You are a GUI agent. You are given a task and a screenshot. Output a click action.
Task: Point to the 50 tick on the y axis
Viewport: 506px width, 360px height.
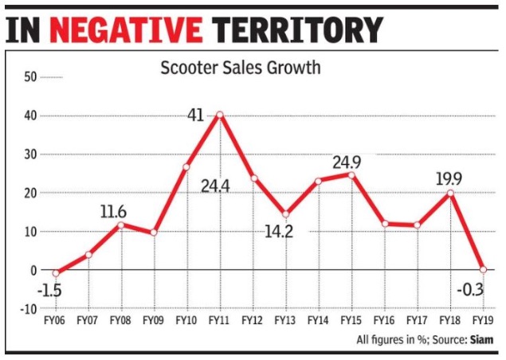coord(30,77)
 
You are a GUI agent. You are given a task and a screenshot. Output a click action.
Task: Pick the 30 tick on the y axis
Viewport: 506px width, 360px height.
coord(30,155)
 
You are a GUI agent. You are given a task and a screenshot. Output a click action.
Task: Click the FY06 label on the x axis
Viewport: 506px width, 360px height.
coord(56,321)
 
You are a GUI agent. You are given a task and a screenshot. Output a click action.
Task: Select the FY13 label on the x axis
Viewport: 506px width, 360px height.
coord(285,321)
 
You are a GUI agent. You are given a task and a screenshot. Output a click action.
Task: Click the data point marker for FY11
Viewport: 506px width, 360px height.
coord(219,115)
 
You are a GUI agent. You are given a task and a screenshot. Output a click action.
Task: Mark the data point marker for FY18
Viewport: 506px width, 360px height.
coord(450,193)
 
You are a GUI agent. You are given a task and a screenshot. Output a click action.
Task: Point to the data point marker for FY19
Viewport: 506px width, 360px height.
coord(483,269)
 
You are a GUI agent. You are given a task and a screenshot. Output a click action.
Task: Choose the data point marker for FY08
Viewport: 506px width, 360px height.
coord(121,225)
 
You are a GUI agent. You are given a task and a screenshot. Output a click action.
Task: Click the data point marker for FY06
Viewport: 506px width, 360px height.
coord(56,272)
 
